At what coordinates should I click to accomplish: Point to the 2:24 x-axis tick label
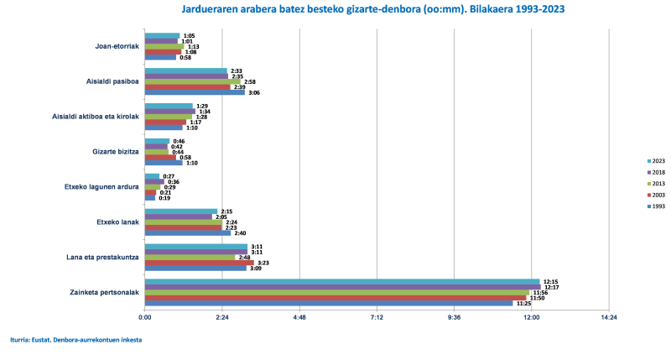(222, 317)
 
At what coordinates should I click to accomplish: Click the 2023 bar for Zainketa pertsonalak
(341, 281)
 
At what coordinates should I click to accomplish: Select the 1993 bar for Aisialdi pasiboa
(195, 92)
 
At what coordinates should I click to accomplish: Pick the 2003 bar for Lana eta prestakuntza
(199, 263)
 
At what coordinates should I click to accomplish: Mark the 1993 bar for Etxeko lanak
(187, 232)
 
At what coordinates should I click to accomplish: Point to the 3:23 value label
(263, 263)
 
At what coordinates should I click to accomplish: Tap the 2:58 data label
(250, 81)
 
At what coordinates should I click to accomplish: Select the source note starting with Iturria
(75, 340)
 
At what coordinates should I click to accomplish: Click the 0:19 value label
(164, 198)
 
